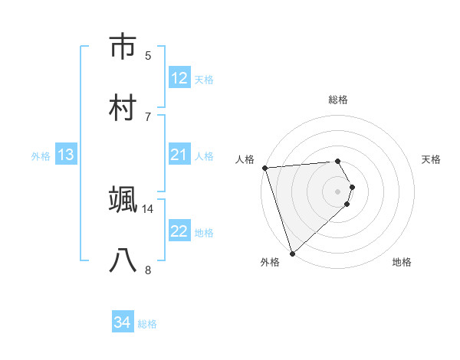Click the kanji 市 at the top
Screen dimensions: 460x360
pyautogui.click(x=123, y=47)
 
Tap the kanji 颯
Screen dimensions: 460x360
pyautogui.click(x=123, y=200)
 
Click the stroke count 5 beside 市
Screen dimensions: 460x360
pyautogui.click(x=148, y=55)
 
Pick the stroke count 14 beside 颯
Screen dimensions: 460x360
pyautogui.click(x=148, y=208)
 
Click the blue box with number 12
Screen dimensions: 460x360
pyautogui.click(x=179, y=78)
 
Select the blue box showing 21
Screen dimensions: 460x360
pyautogui.click(x=179, y=155)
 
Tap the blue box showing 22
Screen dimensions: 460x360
pyautogui.click(x=179, y=231)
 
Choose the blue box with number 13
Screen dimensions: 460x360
pyautogui.click(x=66, y=155)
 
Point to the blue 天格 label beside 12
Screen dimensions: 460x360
pyautogui.click(x=204, y=80)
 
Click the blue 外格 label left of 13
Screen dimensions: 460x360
pyautogui.click(x=41, y=156)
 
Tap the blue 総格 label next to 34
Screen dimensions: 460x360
pyautogui.click(x=147, y=324)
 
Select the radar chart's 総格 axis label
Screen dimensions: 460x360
pyautogui.click(x=338, y=100)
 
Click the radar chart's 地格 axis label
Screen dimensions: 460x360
pyautogui.click(x=402, y=262)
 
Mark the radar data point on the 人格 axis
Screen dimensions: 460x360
pyautogui.click(x=264, y=168)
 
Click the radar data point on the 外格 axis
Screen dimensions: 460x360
pyautogui.click(x=292, y=253)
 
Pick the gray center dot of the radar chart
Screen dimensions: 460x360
pyautogui.click(x=338, y=191)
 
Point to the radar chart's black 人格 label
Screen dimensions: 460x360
pyautogui.click(x=245, y=159)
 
